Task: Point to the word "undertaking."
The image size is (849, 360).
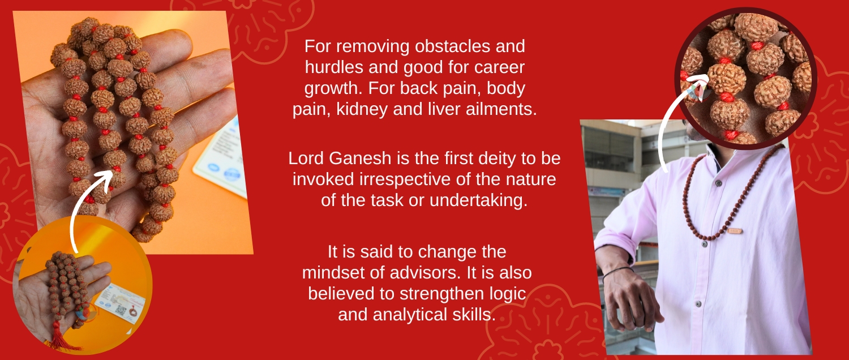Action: [478, 200]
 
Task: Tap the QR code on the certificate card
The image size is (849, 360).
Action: [121, 311]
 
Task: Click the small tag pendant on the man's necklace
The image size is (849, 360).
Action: [735, 230]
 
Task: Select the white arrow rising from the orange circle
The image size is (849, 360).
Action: [82, 205]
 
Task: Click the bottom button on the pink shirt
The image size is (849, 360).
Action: [698, 304]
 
